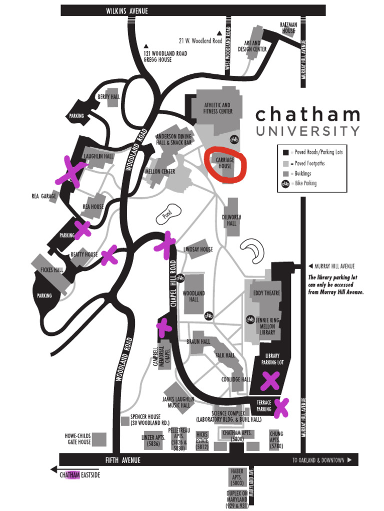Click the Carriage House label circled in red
point(225,163)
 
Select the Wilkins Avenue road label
point(127,11)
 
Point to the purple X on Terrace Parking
point(281,407)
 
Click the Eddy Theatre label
point(266,293)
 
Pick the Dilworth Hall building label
point(231,221)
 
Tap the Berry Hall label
point(108,97)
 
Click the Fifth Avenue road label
point(122,460)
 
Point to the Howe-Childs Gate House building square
point(99,440)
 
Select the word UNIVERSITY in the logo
point(307,131)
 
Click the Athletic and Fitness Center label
point(217,108)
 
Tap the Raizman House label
point(288,27)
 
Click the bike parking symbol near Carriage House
point(233,139)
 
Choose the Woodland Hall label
point(193,296)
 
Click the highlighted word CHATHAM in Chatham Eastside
point(69,475)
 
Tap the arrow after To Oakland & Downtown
point(349,460)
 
